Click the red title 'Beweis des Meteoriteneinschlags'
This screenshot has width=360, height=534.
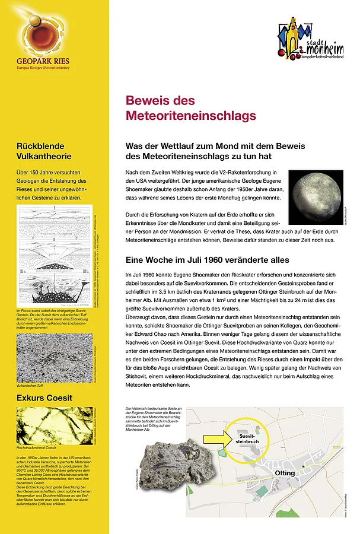190,107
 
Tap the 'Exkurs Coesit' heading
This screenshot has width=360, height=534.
44,398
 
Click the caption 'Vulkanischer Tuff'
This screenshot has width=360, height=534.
32,385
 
